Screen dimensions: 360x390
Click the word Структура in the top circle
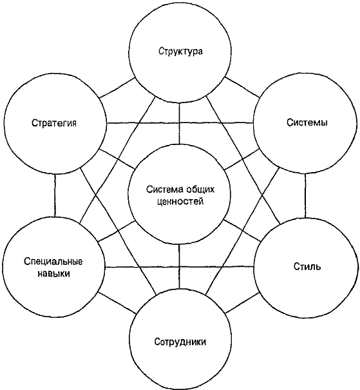tap(180, 51)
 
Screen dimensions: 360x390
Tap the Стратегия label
tap(54, 123)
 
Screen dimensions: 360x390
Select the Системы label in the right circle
tap(307, 122)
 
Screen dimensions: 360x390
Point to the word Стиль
tap(307, 266)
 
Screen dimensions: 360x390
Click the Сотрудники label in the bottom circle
tap(180, 342)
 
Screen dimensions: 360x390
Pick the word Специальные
tap(53, 262)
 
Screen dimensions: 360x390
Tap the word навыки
tap(53, 273)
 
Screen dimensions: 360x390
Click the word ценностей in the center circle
tap(180, 201)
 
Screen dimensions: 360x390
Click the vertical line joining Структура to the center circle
tap(180, 123)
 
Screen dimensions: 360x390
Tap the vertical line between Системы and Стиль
tap(305, 195)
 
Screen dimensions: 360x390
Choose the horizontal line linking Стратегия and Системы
tap(180, 122)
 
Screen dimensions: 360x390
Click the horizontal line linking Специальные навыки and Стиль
tap(180, 267)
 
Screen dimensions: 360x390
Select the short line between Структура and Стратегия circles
tap(117, 88)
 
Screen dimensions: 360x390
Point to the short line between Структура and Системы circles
tap(242, 87)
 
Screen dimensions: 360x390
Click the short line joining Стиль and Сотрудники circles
tap(243, 303)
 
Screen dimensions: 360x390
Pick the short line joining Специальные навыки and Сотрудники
tap(117, 303)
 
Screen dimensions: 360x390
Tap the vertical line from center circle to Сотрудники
tap(179, 266)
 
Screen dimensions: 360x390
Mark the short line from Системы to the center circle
tap(242, 159)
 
